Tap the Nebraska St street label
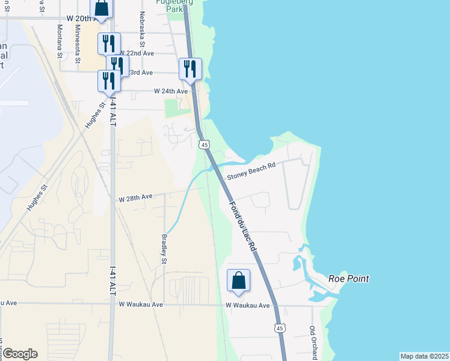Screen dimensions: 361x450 pos(143,29)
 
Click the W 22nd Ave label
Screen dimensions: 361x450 pos(137,53)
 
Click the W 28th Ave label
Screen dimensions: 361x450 pos(136,197)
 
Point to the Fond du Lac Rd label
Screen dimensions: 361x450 pos(242,226)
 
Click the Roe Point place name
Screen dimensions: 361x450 pos(348,279)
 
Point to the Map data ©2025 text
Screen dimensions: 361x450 pos(424,356)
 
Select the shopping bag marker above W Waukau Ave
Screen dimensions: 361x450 pos(239,281)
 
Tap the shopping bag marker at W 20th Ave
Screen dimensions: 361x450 pos(102,8)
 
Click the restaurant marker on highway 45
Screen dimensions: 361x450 pos(190,69)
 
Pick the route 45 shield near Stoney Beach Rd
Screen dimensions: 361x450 pos(205,144)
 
